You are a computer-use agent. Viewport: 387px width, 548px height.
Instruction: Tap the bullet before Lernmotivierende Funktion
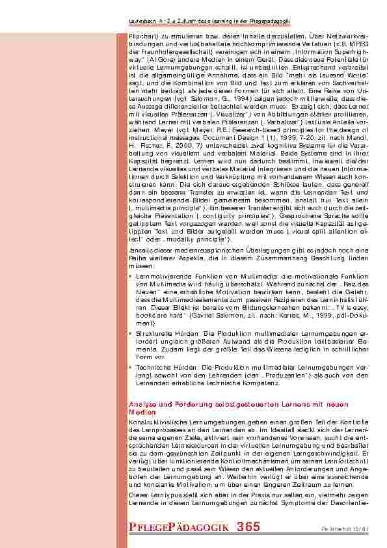coord(132,277)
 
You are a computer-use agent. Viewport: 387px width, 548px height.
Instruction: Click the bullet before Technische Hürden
coord(132,367)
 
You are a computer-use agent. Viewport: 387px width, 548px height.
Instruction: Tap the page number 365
coord(248,527)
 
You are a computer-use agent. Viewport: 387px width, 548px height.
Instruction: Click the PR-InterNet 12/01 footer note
coord(345,528)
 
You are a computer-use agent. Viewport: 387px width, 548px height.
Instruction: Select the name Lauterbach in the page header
coord(144,23)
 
